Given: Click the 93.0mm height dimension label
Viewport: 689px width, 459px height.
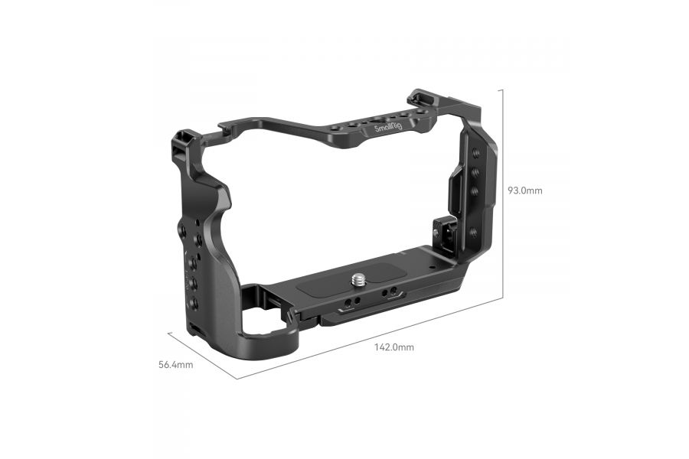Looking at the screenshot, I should (524, 190).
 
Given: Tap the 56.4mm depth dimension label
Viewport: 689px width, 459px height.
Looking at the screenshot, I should (175, 365).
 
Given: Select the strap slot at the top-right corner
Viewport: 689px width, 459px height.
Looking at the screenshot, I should (419, 97).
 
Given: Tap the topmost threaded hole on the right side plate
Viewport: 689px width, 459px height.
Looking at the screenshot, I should (475, 154).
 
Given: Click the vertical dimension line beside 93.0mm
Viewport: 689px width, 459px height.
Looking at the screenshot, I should (502, 191).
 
